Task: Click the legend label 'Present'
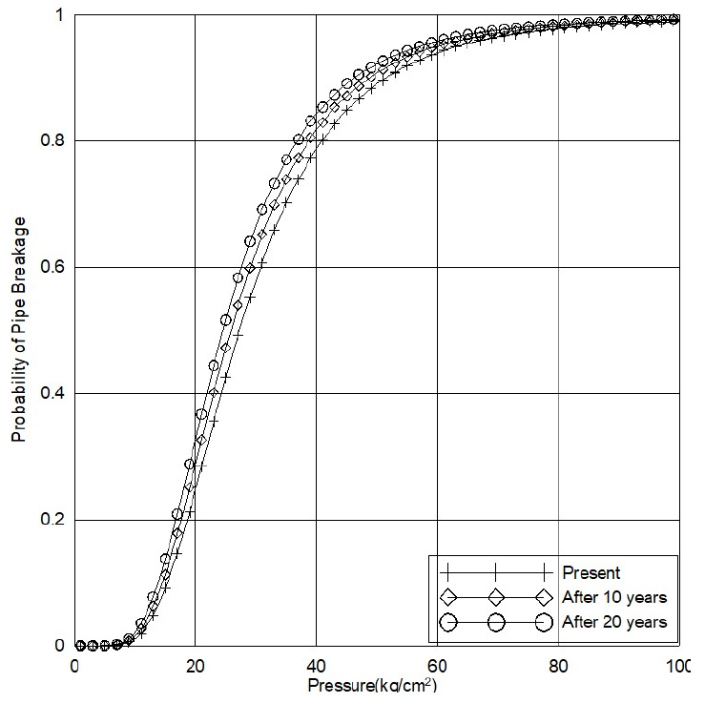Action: coord(591,573)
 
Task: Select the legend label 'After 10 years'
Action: coord(614,598)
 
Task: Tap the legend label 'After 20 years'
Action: coord(614,623)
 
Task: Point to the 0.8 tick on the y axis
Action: coord(54,141)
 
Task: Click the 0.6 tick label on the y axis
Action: coord(54,268)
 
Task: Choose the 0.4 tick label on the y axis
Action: coord(54,394)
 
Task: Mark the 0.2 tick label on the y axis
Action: coord(54,521)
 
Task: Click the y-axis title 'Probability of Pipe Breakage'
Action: coord(18,328)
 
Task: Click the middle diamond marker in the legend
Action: coord(495,598)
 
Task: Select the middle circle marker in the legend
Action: coord(495,623)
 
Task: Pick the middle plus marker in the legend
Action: coord(495,573)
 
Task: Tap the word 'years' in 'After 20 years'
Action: coord(648,623)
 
